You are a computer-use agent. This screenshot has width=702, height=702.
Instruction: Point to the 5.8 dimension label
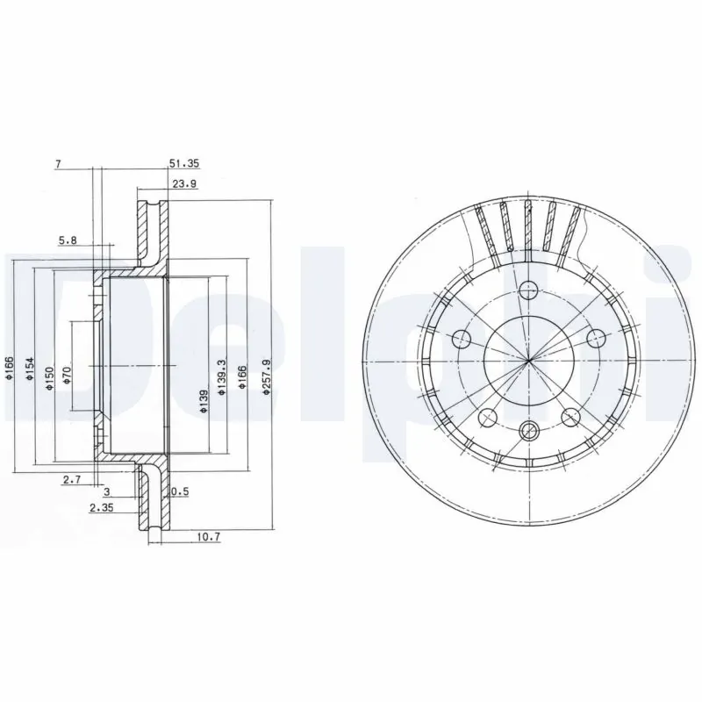68,239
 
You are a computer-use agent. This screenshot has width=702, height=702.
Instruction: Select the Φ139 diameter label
203,403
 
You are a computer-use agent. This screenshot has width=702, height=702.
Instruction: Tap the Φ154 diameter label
28,369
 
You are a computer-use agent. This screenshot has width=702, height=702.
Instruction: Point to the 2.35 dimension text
103,506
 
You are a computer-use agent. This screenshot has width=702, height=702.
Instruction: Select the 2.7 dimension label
72,479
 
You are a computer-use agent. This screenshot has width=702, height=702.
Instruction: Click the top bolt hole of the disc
527,289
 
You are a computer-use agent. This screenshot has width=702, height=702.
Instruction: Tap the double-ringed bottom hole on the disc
527,429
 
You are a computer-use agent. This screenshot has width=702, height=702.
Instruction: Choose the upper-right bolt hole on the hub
595,335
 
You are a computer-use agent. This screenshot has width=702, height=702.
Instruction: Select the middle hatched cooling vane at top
528,224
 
